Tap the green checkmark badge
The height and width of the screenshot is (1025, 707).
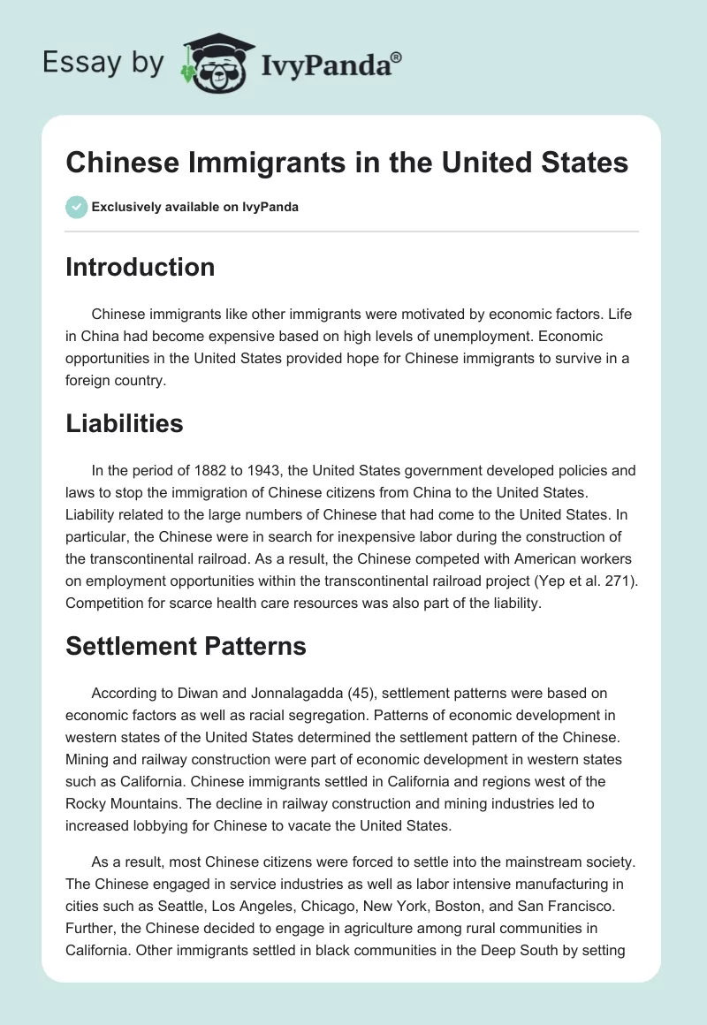(76, 208)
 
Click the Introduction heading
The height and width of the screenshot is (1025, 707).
(140, 267)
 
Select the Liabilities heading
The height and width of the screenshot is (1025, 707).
(124, 423)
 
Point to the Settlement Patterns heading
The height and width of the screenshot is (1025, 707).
(186, 646)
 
